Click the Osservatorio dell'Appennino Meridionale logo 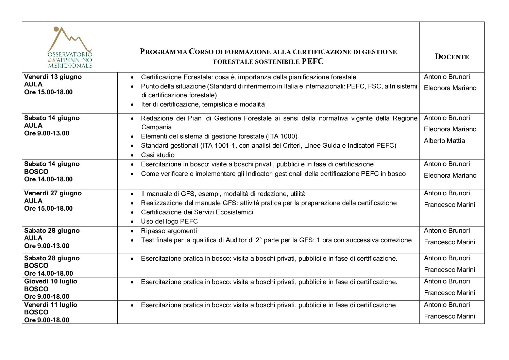pyautogui.click(x=70, y=48)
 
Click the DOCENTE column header pyautogui.click(x=452, y=57)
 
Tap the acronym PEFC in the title pyautogui.click(x=312, y=62)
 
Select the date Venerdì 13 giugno pyautogui.click(x=53, y=77)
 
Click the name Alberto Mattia pyautogui.click(x=444, y=141)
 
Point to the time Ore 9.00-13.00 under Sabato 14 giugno pyautogui.click(x=47, y=133)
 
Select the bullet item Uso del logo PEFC pyautogui.click(x=169, y=222)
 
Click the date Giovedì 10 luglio pyautogui.click(x=51, y=281)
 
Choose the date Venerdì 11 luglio pyautogui.click(x=51, y=305)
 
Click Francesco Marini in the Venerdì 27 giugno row pyautogui.click(x=449, y=205)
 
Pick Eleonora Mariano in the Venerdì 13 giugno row pyautogui.click(x=450, y=88)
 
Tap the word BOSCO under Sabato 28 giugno pyautogui.click(x=36, y=266)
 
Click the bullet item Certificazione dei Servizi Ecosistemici pyautogui.click(x=197, y=212)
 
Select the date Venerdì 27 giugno pyautogui.click(x=53, y=193)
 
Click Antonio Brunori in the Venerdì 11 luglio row pyautogui.click(x=447, y=305)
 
